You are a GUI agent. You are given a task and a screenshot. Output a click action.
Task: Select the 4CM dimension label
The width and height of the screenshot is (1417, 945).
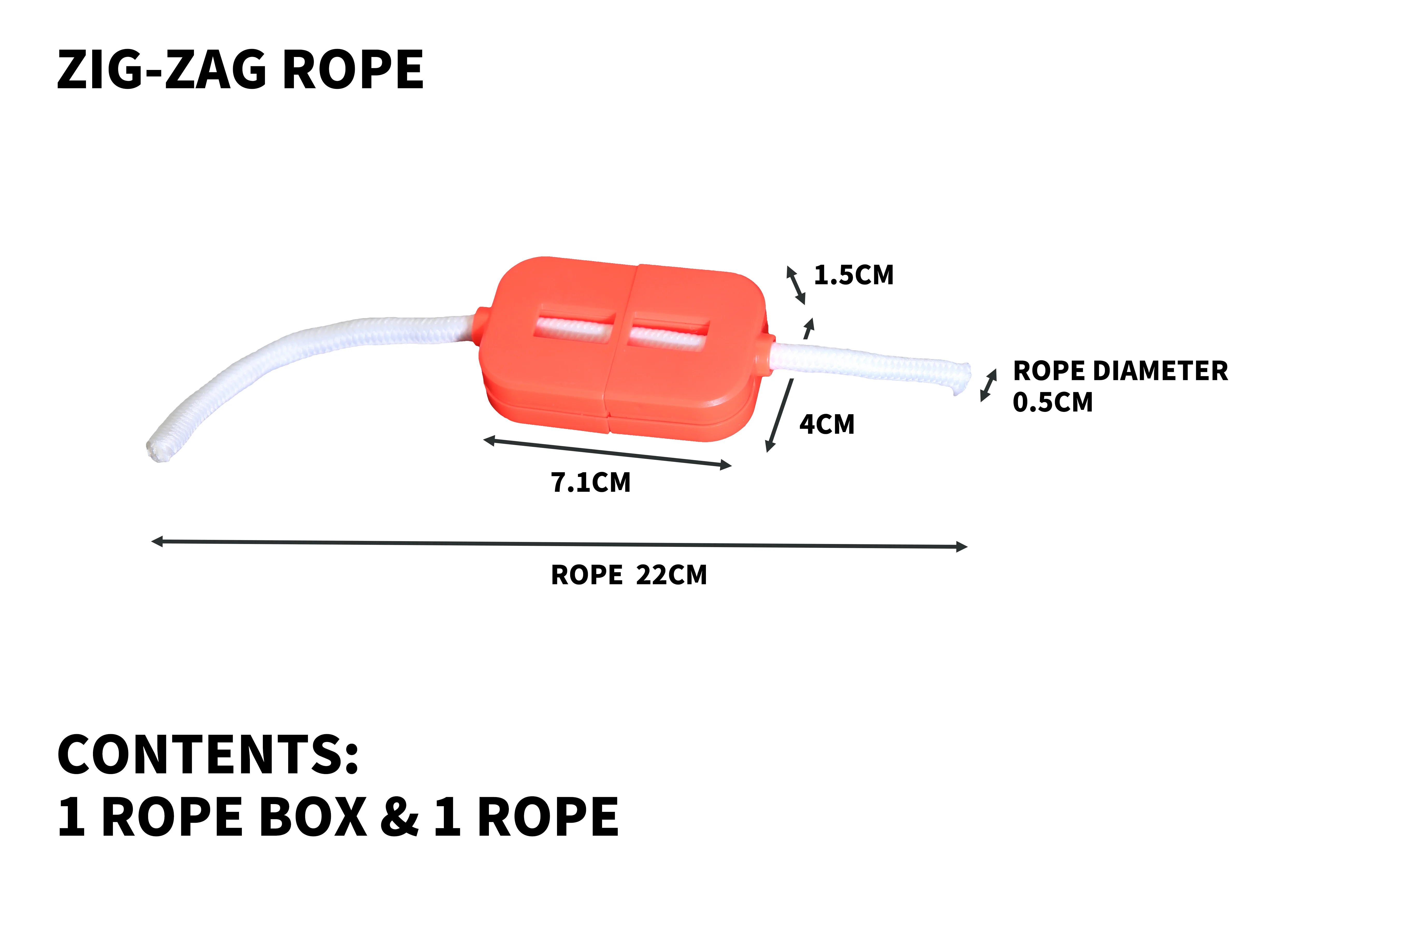point(827,424)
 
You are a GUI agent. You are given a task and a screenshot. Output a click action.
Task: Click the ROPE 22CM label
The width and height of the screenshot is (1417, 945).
point(628,575)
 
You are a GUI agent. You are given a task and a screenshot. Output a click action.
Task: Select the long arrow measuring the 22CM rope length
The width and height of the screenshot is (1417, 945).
point(559,544)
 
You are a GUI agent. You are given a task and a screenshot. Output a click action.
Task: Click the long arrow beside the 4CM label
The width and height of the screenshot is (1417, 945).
point(780,415)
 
